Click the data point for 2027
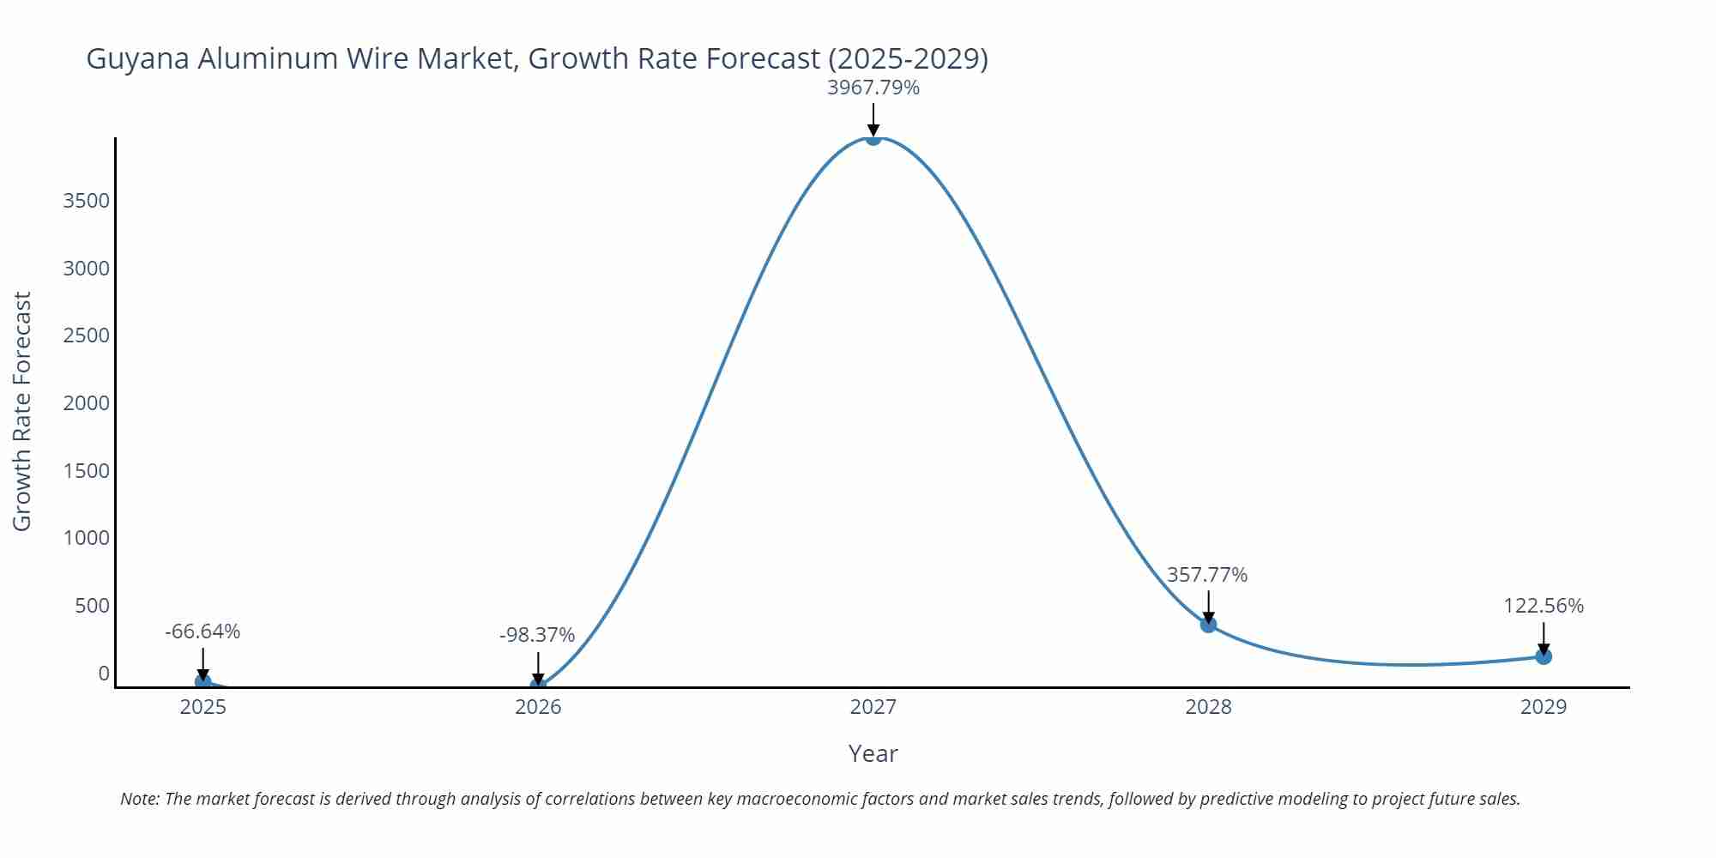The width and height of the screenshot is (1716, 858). point(873,137)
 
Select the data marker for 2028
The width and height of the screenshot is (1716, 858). point(1208,625)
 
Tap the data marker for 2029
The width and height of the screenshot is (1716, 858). point(1544,656)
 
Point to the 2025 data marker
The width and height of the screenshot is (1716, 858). point(202,681)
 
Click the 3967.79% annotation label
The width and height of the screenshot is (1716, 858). point(873,88)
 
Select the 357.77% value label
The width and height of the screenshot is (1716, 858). point(1206,575)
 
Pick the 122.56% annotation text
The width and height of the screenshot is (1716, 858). point(1543,606)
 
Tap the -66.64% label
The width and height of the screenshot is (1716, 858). point(202,631)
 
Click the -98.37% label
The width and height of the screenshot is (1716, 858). point(537,635)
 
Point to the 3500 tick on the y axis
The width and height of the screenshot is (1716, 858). point(87,201)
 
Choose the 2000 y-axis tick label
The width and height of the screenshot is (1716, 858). point(87,403)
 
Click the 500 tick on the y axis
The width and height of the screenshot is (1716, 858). point(93,606)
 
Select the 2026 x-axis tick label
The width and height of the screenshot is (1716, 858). point(538,707)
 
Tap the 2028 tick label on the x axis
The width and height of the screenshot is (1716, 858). point(1208,707)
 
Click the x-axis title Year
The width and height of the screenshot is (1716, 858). point(873,753)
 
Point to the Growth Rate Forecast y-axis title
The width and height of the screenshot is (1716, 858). point(22,412)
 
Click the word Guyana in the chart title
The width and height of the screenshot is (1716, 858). point(138,59)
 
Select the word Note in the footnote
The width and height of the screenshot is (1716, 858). point(139,799)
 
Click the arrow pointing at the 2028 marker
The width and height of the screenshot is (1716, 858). point(1208,606)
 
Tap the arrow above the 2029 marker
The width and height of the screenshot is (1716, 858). point(1544,637)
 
